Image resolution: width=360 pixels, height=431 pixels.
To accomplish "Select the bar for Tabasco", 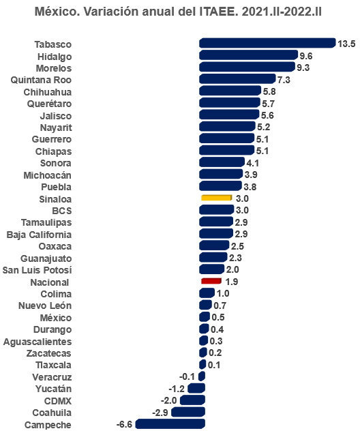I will [267, 43].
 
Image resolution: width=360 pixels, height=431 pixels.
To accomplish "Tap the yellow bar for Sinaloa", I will [217, 198].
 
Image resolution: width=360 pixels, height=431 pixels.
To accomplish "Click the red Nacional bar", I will [211, 281].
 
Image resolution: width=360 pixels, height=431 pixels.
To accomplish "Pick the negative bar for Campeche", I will [170, 424].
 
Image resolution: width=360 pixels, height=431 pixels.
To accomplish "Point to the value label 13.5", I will [346, 44].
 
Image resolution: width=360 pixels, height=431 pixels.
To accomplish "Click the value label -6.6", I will [124, 424].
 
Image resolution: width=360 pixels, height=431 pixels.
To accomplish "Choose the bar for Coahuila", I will [187, 412].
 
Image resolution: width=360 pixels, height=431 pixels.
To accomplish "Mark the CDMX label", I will [57, 400].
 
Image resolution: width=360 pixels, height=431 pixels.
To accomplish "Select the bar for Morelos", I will [246, 67].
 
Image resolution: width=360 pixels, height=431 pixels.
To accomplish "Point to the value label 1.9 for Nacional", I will [232, 282].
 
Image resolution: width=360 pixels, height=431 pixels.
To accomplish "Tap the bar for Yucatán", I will [196, 388].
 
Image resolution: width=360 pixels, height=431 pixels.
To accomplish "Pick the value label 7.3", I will [284, 80].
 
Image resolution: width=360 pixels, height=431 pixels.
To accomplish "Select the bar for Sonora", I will [221, 162].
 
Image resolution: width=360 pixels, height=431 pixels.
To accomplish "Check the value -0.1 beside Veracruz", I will [187, 376].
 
